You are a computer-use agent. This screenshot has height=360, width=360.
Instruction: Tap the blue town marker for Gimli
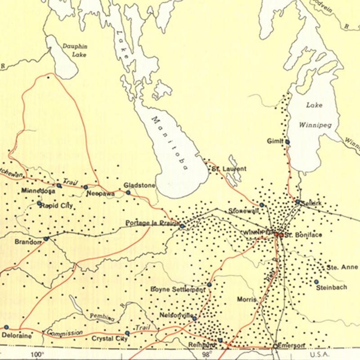pos(287,142)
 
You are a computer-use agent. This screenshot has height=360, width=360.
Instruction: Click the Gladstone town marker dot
pos(128,193)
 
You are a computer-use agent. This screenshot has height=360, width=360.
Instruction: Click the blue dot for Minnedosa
pos(59,185)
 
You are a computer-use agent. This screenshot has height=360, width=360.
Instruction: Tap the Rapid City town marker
pos(40,203)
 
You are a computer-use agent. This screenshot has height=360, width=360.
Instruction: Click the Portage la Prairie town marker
pos(182,226)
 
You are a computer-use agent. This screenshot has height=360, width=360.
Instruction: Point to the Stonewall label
pos(240,211)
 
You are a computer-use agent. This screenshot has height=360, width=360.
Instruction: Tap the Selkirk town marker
pos(298,202)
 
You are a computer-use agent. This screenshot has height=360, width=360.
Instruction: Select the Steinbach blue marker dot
pos(316,282)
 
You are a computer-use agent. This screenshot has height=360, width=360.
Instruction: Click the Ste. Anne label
pos(342,267)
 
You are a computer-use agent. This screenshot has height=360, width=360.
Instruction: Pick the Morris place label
pos(247,299)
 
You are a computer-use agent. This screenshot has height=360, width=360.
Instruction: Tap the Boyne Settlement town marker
pos(209,284)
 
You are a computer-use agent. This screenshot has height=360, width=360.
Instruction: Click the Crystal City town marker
pos(127,333)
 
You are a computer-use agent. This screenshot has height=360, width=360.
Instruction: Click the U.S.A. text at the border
pos(343,354)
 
